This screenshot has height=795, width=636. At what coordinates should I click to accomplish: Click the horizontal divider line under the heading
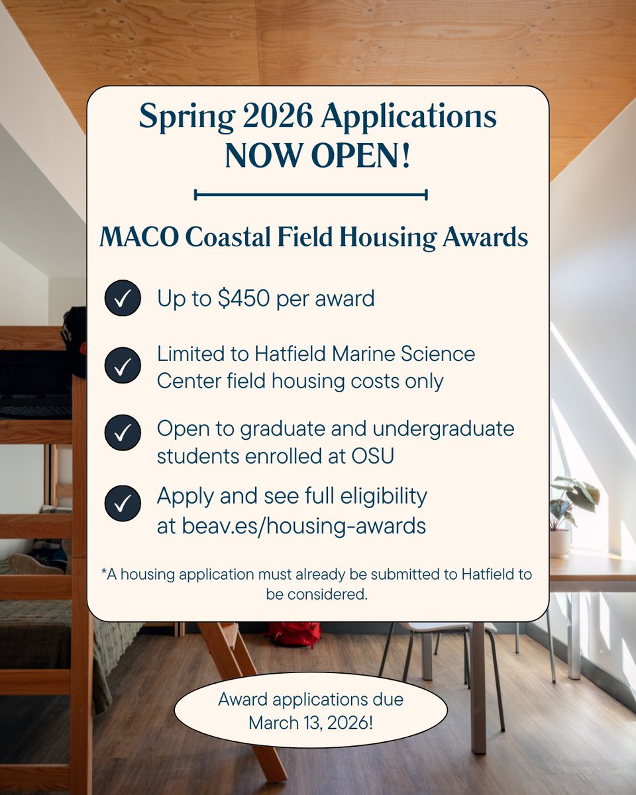pos(311,195)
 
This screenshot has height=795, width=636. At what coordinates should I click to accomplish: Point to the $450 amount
pos(244,299)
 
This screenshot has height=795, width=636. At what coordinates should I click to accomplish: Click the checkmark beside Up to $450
pos(123,299)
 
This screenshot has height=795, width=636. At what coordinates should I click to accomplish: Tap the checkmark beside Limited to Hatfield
pos(123,365)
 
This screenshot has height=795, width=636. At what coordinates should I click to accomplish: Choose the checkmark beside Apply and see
pos(123,503)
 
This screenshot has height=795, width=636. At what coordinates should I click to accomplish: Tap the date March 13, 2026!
pos(311,722)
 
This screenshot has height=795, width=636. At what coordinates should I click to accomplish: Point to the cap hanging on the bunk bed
pos(75,338)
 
